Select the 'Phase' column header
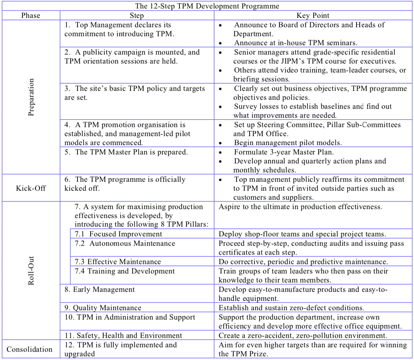point(31,15)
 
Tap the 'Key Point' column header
point(313,15)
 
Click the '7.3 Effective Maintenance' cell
point(118,262)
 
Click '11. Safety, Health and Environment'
point(122,336)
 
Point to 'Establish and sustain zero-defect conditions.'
point(292,308)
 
